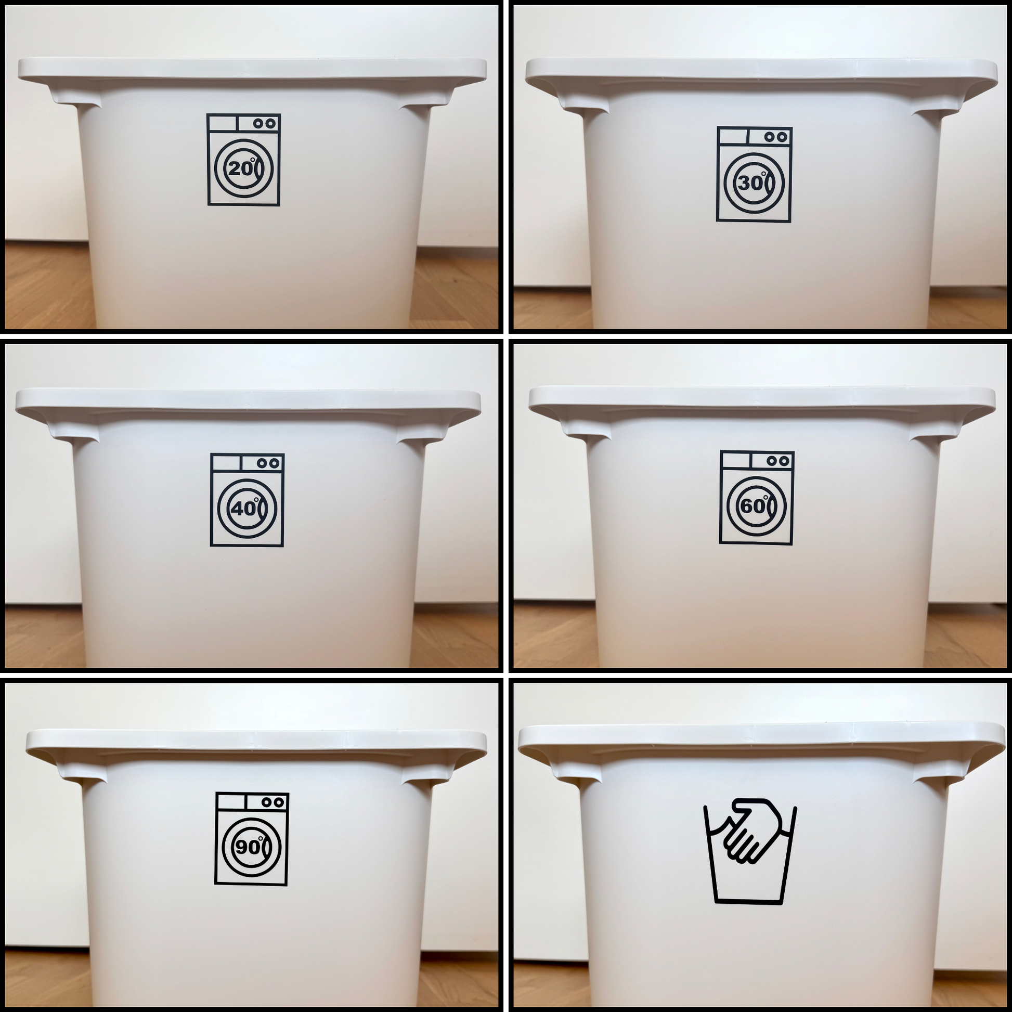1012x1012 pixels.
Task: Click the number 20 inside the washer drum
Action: coord(240,168)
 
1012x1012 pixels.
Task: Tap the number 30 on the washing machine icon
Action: coord(750,183)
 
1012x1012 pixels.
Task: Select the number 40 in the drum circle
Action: coord(243,508)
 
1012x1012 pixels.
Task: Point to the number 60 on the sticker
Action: coord(753,506)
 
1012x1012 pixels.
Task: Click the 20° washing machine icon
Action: coord(243,159)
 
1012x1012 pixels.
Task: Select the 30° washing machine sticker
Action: coord(754,174)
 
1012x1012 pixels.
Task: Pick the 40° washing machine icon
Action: coord(247,500)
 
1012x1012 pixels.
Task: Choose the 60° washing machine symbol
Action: coord(757,497)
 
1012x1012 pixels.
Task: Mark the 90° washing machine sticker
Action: coord(251,839)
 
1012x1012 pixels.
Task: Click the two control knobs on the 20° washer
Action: coord(265,124)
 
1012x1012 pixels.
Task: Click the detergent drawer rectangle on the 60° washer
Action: coord(736,460)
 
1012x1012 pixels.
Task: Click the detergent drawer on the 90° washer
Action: coord(230,802)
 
